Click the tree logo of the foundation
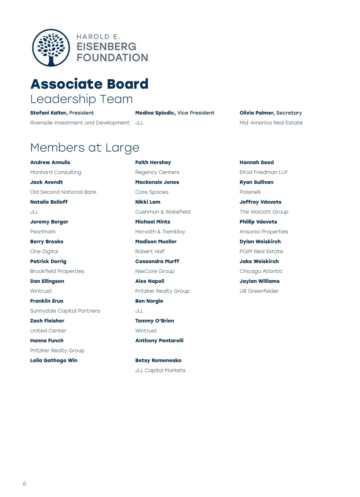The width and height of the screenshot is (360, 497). point(51,48)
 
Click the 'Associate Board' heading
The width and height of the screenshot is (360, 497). point(89,84)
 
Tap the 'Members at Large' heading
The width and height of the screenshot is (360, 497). point(85,148)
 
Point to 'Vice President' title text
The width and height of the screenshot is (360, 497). point(196,113)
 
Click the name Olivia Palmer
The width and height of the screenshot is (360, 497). point(257,113)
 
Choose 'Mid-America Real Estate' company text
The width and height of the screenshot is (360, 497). point(271,123)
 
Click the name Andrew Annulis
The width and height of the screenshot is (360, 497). point(50,162)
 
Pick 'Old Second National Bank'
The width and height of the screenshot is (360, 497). point(63,192)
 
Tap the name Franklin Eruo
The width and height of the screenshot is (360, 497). point(47,301)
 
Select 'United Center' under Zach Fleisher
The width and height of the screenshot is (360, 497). point(48,331)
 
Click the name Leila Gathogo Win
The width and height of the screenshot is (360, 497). point(54,360)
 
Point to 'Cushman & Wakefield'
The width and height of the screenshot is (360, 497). point(163,212)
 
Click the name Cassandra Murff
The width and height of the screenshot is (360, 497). point(157,261)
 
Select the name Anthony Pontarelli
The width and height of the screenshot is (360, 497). point(159,340)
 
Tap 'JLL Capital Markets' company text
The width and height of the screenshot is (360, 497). point(160,370)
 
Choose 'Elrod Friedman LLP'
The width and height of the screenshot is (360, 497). point(263,172)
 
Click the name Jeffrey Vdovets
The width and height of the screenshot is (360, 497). point(260,202)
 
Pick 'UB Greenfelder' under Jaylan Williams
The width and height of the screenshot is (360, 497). point(259,291)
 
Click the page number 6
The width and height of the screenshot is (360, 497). point(25,483)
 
